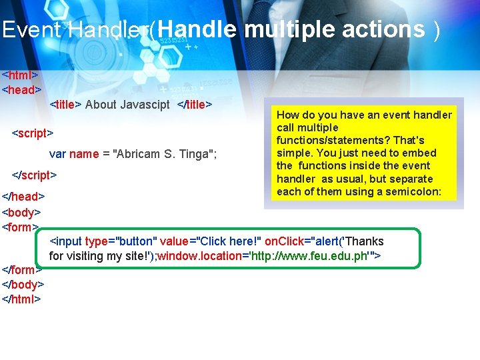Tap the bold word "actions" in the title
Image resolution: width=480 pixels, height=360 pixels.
point(383,29)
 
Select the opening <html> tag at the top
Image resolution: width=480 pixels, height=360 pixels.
point(20,75)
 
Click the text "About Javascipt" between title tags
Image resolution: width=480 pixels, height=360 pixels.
point(127,105)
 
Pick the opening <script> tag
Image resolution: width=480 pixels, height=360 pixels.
point(33,133)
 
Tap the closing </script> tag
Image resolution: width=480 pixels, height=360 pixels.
point(35,175)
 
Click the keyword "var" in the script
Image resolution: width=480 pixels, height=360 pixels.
point(57,154)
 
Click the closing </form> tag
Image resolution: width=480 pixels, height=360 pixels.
point(21,270)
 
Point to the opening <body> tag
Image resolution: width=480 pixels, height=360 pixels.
point(22,213)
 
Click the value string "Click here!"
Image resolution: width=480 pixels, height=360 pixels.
point(226,241)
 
